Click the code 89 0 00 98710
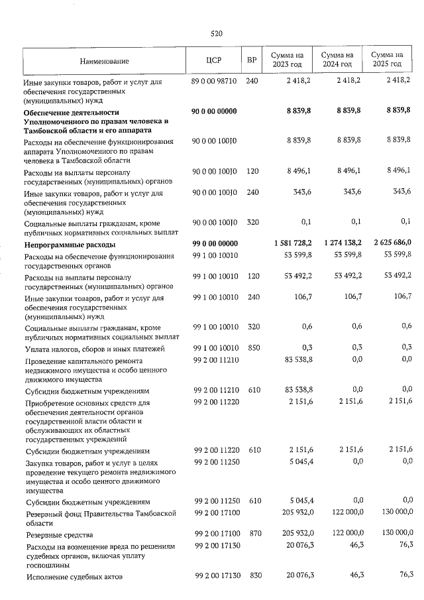coord(213,81)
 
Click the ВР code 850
coord(252,349)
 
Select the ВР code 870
coord(252,534)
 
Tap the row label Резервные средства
coord(57,534)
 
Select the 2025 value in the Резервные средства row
coord(395,534)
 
